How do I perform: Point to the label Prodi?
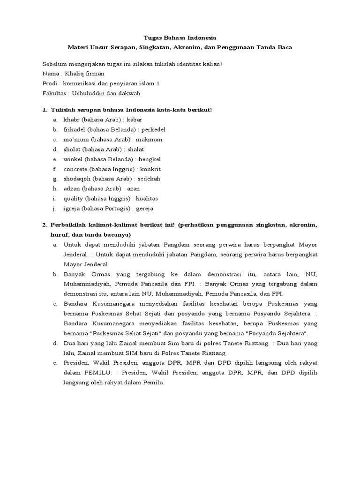(x=50, y=83)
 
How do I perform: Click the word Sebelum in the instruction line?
(x=54, y=64)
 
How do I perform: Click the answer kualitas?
(x=147, y=198)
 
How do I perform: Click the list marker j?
(x=54, y=209)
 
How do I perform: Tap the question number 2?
(x=45, y=225)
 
